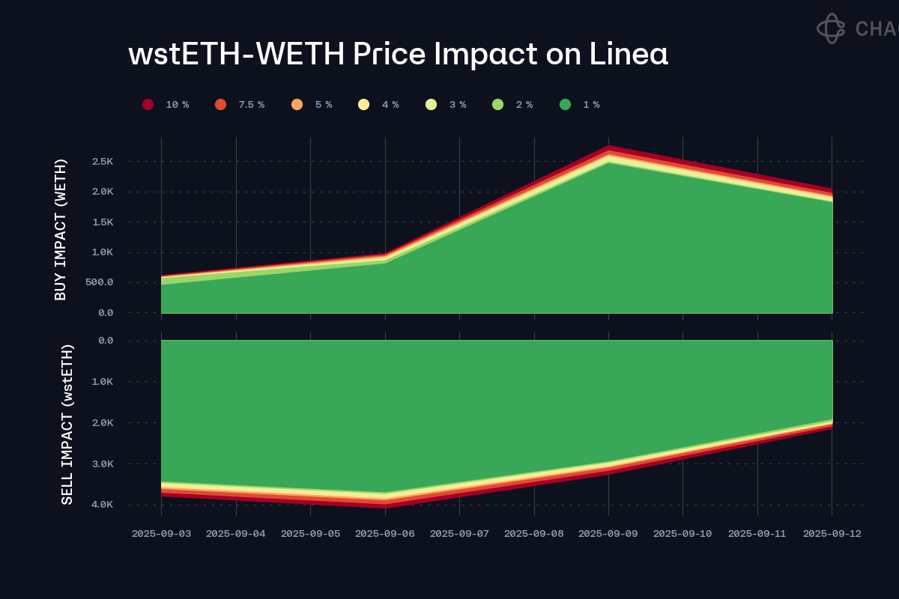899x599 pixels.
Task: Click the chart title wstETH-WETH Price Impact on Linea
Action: click(x=398, y=54)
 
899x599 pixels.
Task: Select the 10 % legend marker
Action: click(x=148, y=105)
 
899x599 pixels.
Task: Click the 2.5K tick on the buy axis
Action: click(x=103, y=162)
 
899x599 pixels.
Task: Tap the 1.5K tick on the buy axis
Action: click(x=103, y=222)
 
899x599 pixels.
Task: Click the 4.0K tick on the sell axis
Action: click(x=102, y=505)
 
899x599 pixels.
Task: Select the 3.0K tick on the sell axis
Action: click(x=102, y=464)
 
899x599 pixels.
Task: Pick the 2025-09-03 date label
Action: click(x=161, y=534)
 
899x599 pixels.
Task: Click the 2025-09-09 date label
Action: click(x=608, y=534)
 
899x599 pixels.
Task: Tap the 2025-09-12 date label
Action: click(x=832, y=534)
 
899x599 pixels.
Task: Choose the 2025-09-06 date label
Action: click(x=384, y=534)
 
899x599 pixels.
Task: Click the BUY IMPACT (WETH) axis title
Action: click(x=61, y=229)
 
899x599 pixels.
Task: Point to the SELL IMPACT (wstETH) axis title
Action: click(x=67, y=424)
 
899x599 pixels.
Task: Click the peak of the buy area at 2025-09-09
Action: click(x=608, y=147)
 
